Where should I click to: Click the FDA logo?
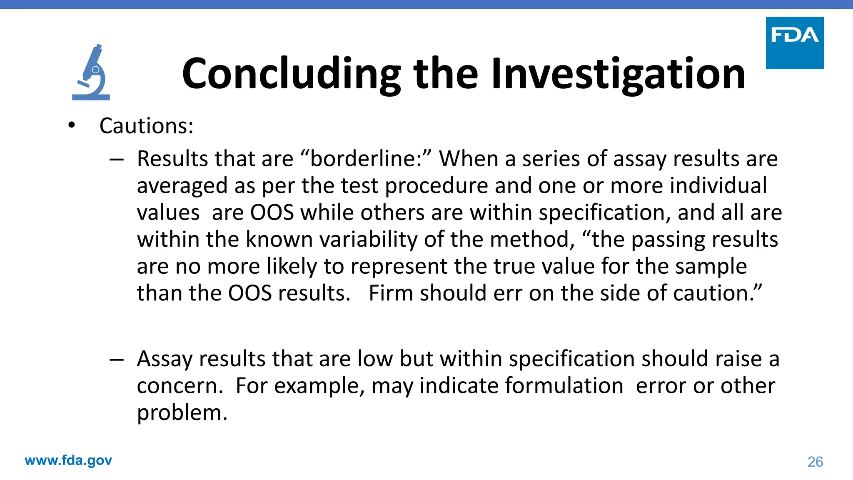[795, 43]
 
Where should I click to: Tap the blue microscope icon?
[91, 72]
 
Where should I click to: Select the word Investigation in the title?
[618, 74]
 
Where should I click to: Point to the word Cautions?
[147, 126]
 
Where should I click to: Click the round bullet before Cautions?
[72, 125]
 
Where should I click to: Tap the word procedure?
[436, 186]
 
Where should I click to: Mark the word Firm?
[391, 293]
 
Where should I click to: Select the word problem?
[182, 412]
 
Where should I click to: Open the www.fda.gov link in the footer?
[68, 460]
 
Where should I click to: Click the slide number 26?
[815, 462]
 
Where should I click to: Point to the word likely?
[292, 266]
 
